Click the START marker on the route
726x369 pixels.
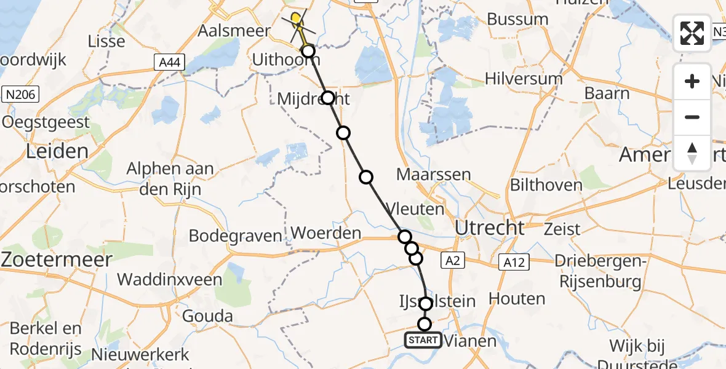pyautogui.click(x=423, y=340)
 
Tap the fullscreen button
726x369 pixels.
pyautogui.click(x=692, y=33)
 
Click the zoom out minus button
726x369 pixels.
pyautogui.click(x=692, y=117)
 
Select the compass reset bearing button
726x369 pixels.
pyautogui.click(x=692, y=153)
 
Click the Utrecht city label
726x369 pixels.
pyautogui.click(x=490, y=228)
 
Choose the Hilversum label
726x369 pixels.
pyautogui.click(x=524, y=79)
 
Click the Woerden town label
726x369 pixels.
pyautogui.click(x=325, y=234)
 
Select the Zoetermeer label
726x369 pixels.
pyautogui.click(x=57, y=259)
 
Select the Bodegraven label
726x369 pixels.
pyautogui.click(x=235, y=236)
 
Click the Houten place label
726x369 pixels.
pyautogui.click(x=517, y=300)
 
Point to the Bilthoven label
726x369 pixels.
pyautogui.click(x=546, y=185)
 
